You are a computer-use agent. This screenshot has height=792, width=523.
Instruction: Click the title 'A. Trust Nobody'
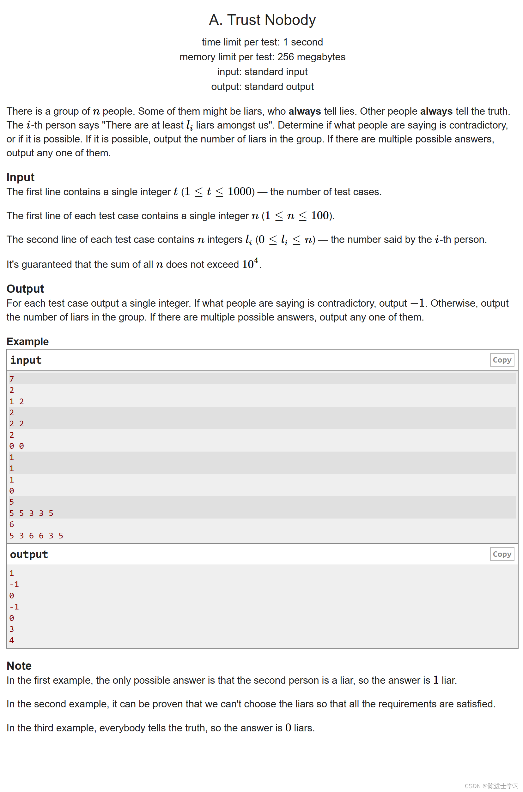click(262, 20)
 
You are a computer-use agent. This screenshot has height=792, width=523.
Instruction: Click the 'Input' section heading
click(20, 177)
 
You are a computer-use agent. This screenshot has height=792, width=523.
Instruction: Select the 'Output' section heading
click(25, 289)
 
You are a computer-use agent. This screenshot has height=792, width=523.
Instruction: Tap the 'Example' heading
click(28, 341)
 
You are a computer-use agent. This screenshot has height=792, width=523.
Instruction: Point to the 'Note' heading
click(19, 666)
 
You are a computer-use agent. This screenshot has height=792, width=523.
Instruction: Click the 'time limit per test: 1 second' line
click(262, 42)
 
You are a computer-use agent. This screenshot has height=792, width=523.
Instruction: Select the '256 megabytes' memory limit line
click(262, 57)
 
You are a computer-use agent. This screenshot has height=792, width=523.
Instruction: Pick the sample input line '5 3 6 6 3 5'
click(36, 536)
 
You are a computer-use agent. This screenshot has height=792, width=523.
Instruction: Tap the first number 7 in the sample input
click(12, 379)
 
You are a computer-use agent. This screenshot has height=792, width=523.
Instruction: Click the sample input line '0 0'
click(17, 446)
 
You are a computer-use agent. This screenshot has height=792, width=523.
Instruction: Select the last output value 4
click(12, 640)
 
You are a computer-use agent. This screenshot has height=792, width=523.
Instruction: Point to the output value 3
click(12, 629)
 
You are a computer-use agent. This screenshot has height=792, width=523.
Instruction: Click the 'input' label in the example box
click(26, 360)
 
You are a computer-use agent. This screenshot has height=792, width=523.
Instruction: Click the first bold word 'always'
click(305, 111)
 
